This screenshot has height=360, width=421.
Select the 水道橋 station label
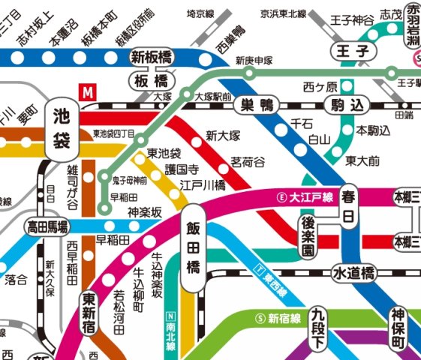click(x=353, y=274)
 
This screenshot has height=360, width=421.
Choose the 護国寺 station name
click(x=184, y=169)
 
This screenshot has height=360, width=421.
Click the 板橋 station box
click(x=150, y=79)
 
